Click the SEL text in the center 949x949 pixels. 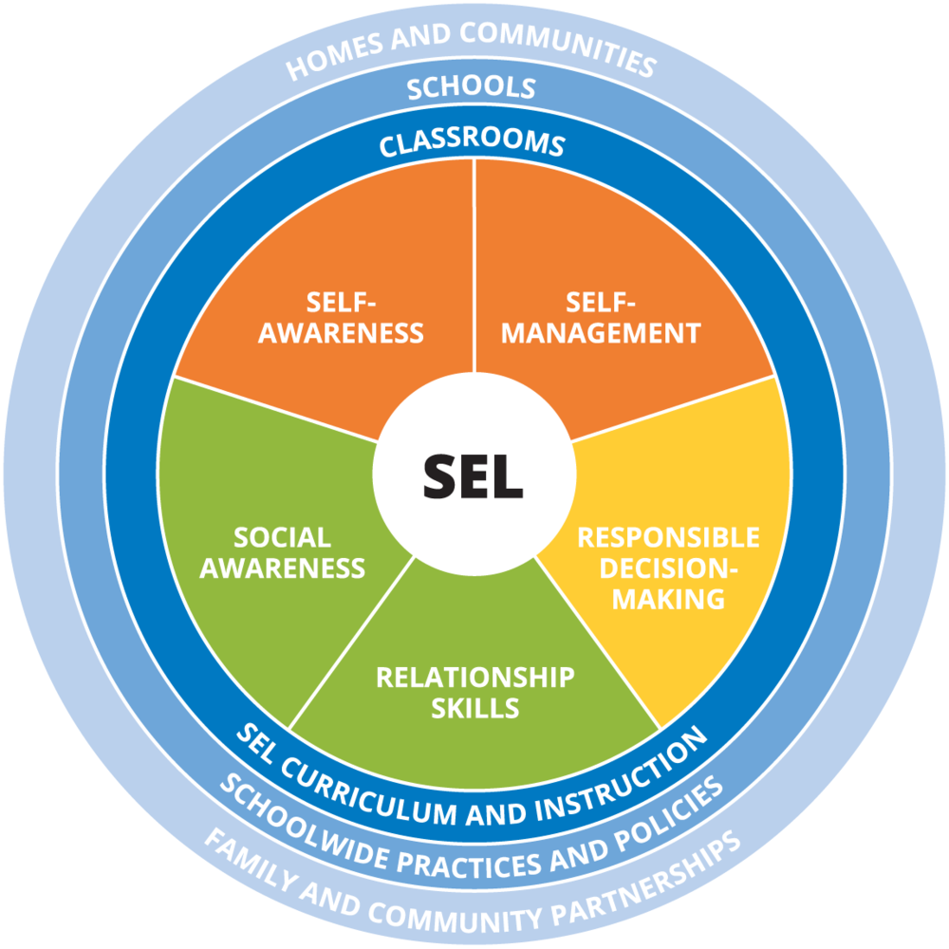(473, 476)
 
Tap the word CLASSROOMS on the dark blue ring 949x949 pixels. (472, 143)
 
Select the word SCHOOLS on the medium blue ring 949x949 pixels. (472, 88)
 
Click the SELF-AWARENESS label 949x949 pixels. (342, 318)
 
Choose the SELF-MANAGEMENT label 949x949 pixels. (601, 318)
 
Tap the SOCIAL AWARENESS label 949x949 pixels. (283, 552)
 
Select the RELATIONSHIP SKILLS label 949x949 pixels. (475, 693)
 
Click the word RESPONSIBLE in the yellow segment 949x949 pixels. (669, 537)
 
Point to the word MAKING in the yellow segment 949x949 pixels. (669, 599)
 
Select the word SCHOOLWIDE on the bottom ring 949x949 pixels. (304, 822)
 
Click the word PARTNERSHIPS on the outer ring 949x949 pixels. (647, 878)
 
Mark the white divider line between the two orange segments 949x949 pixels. (474, 265)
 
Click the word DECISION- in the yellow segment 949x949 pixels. (669, 568)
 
